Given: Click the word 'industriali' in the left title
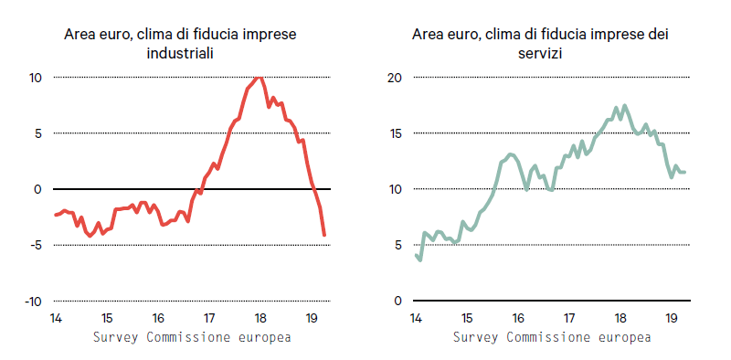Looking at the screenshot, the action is [x=180, y=54].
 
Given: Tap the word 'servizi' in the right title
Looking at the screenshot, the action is [x=539, y=54].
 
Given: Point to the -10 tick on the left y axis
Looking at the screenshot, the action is [x=33, y=302].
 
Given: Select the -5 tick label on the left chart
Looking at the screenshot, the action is [x=35, y=245].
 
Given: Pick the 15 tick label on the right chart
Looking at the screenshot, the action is [x=396, y=133].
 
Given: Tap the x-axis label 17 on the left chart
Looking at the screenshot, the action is [x=209, y=319].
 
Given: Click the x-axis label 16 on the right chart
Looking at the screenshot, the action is [x=517, y=319].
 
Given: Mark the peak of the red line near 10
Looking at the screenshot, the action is [x=260, y=78].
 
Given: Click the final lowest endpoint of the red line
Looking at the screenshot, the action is [x=324, y=235].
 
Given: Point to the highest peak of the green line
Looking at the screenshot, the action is [x=625, y=106].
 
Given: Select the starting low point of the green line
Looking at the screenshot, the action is [x=420, y=259].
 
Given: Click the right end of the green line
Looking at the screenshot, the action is [x=684, y=172].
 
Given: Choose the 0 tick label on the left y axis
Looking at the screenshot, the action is [x=38, y=189].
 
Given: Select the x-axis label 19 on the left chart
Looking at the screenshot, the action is [x=312, y=319].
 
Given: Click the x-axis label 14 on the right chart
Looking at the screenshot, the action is [x=416, y=319].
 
